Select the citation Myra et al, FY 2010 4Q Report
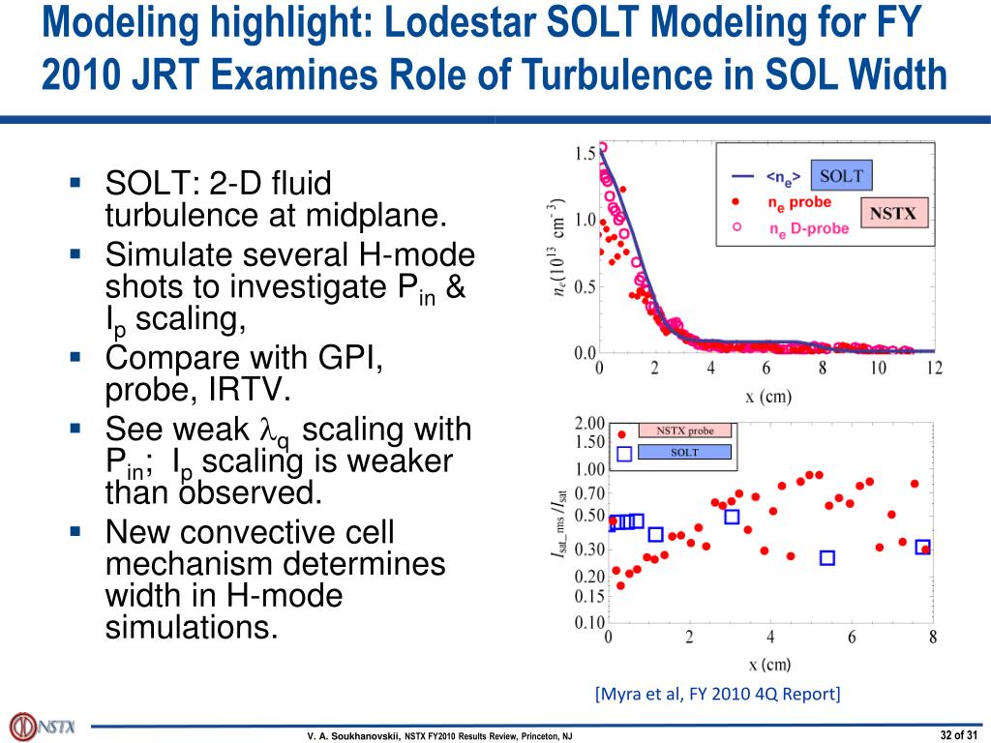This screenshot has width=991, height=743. coord(717,694)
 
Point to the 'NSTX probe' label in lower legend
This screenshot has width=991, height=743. coord(685,431)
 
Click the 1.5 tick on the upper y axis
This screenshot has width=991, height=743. coord(585,154)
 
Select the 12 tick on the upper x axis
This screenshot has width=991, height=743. coord(933,369)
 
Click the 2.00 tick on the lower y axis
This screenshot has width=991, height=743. coord(589,423)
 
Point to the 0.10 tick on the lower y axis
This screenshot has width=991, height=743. coord(589,622)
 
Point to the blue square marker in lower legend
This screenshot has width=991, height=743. coord(624,453)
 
